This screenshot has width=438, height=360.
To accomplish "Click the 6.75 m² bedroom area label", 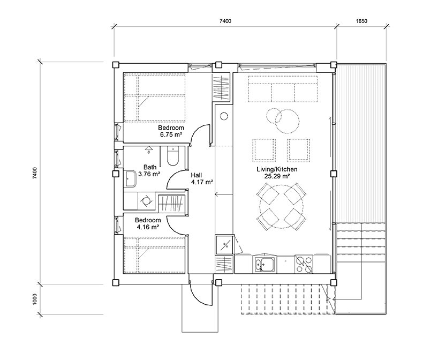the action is point(171,131).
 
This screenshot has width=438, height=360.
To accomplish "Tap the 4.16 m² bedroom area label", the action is point(148,223).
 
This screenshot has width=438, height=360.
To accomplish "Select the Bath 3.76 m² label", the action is point(150,170).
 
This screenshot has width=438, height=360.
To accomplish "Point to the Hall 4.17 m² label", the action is point(202,178).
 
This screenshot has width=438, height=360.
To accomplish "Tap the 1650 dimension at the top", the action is point(361,21).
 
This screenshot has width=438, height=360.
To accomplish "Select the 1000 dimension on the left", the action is point(35,299).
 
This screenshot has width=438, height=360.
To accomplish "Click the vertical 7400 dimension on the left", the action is point(35,173).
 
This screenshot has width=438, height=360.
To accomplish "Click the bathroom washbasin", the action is point(131,178).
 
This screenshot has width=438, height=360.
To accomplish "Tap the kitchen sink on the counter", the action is point(265,264).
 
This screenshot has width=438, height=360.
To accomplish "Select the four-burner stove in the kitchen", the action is point(304,264).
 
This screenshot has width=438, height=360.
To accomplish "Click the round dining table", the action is point(281,207).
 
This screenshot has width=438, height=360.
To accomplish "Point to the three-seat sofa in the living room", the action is point(283,88).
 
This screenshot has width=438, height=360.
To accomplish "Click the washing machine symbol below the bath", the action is point(146,201).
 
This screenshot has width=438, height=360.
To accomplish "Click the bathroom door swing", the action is point(177,179).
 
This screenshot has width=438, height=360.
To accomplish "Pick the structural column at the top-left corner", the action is point(116,65).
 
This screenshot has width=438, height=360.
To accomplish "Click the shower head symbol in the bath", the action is point(149,149).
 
